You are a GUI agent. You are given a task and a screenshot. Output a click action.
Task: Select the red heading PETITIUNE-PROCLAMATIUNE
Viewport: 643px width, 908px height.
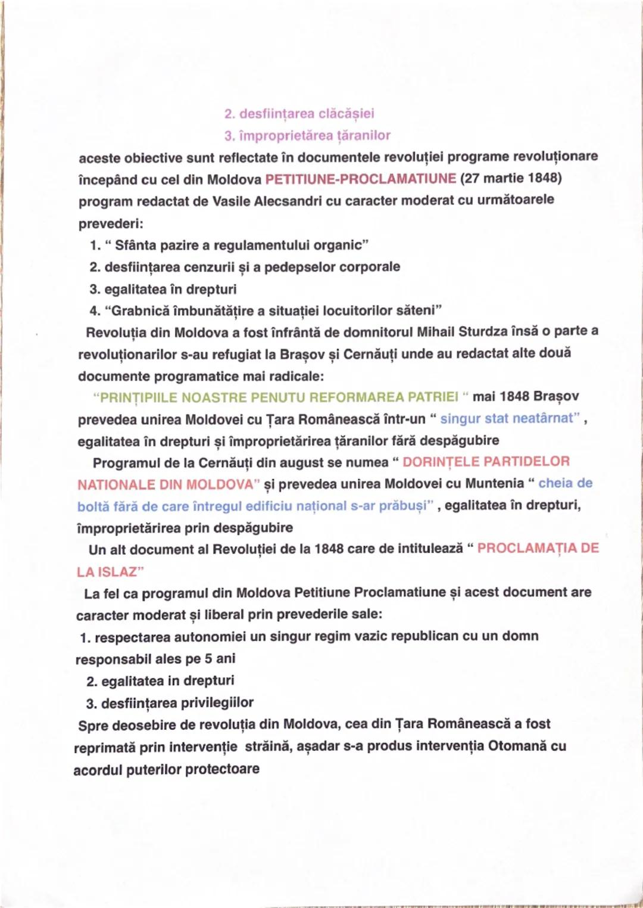tap(360, 179)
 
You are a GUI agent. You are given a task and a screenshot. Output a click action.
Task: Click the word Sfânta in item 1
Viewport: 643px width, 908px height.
tap(135, 245)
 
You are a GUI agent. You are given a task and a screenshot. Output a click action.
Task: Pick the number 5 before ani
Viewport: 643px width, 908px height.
tap(208, 659)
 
